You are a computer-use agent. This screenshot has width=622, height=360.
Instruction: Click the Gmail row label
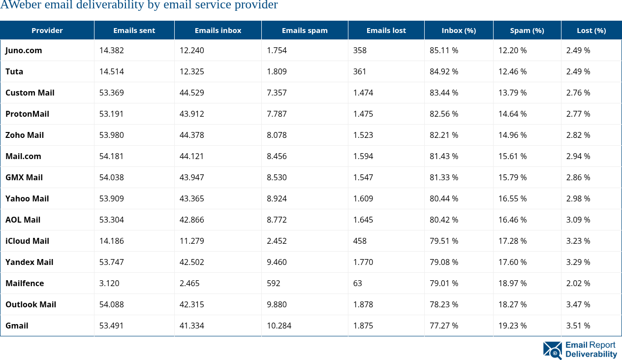pos(17,326)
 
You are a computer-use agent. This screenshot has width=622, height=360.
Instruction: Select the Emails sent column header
pos(134,31)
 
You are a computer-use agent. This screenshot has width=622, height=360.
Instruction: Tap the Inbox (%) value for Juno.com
pos(444,50)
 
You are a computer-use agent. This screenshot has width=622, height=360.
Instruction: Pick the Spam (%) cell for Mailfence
pos(512,283)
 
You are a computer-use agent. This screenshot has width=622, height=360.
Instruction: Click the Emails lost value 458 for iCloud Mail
pos(360,241)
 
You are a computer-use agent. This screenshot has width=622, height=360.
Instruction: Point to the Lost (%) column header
pos(591,31)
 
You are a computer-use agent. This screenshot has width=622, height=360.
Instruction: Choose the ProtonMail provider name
pos(27,114)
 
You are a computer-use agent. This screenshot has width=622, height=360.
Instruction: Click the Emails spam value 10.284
pos(279,326)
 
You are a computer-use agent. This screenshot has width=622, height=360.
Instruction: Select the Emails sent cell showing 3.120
pos(109,283)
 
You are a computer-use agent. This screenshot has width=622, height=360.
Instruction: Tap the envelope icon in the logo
pos(553,350)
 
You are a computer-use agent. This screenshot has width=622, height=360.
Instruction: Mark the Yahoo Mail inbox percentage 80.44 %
pos(444,198)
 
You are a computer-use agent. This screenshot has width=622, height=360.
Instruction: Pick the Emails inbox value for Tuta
pos(192,71)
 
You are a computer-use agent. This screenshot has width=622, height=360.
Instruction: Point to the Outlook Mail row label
pos(31,304)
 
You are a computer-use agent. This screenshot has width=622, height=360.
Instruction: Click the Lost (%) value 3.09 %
pos(578,220)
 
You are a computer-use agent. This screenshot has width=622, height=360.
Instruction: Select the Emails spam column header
pos(305,31)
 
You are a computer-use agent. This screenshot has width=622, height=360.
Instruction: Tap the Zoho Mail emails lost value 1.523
pos(363,135)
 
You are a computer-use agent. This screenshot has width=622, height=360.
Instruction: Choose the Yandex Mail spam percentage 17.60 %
pos(512,262)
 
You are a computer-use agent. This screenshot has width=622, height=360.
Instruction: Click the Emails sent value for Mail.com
pos(112,156)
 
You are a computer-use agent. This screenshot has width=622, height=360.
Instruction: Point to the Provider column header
pos(47,31)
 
